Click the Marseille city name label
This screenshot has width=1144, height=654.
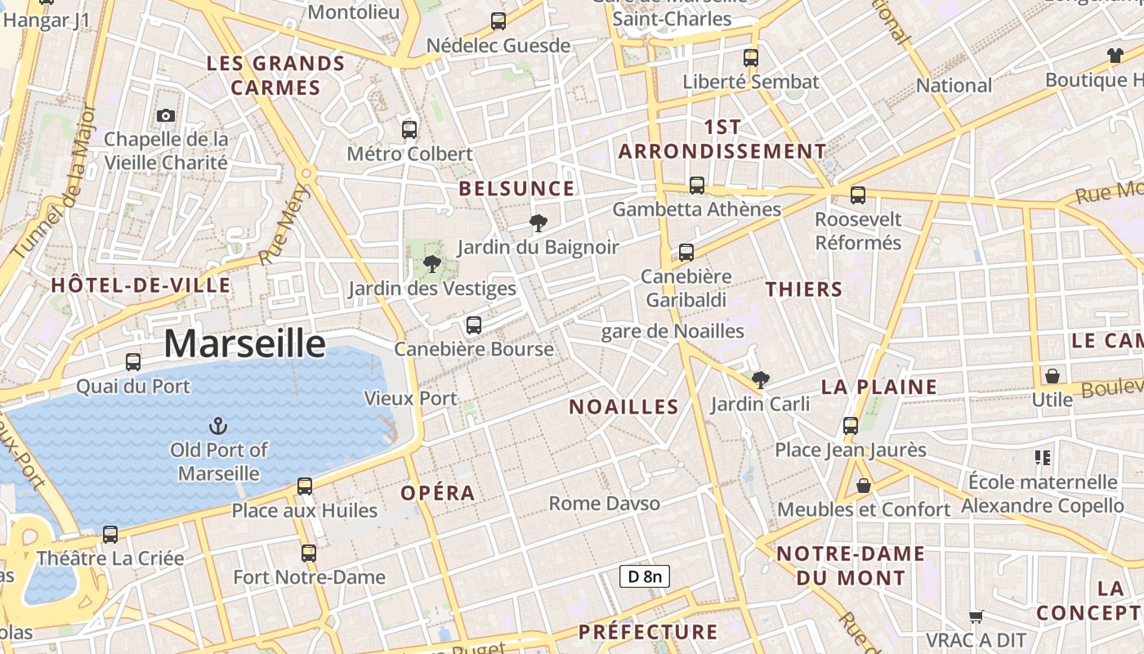pos(244,344)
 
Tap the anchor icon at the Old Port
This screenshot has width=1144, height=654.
pos(218,425)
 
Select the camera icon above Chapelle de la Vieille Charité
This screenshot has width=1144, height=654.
pos(166,115)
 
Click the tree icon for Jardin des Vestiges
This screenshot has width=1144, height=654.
pos(432,263)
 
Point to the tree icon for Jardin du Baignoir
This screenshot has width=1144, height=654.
pos(538,222)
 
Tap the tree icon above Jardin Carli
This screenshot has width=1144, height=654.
pos(760,379)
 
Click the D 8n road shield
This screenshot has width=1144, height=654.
pos(644,576)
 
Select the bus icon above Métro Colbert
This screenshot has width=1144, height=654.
pos(409,129)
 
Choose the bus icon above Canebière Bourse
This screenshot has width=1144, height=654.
pos(473,325)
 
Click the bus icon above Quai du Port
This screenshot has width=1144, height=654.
pos(133,361)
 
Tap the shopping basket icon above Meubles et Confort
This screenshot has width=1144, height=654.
pos(864,486)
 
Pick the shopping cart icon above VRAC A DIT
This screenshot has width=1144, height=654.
pos(976,616)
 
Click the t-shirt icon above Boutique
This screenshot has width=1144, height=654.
pos(1115,56)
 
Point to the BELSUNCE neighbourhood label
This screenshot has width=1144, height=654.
pos(516,189)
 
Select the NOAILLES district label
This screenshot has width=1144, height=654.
pos(623,407)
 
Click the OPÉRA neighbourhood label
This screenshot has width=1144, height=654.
pos(437,493)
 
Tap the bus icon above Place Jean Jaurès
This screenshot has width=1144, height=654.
pos(851,425)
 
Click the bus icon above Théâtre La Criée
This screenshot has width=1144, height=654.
pos(110,535)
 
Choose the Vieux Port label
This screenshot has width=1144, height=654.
pos(410,398)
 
